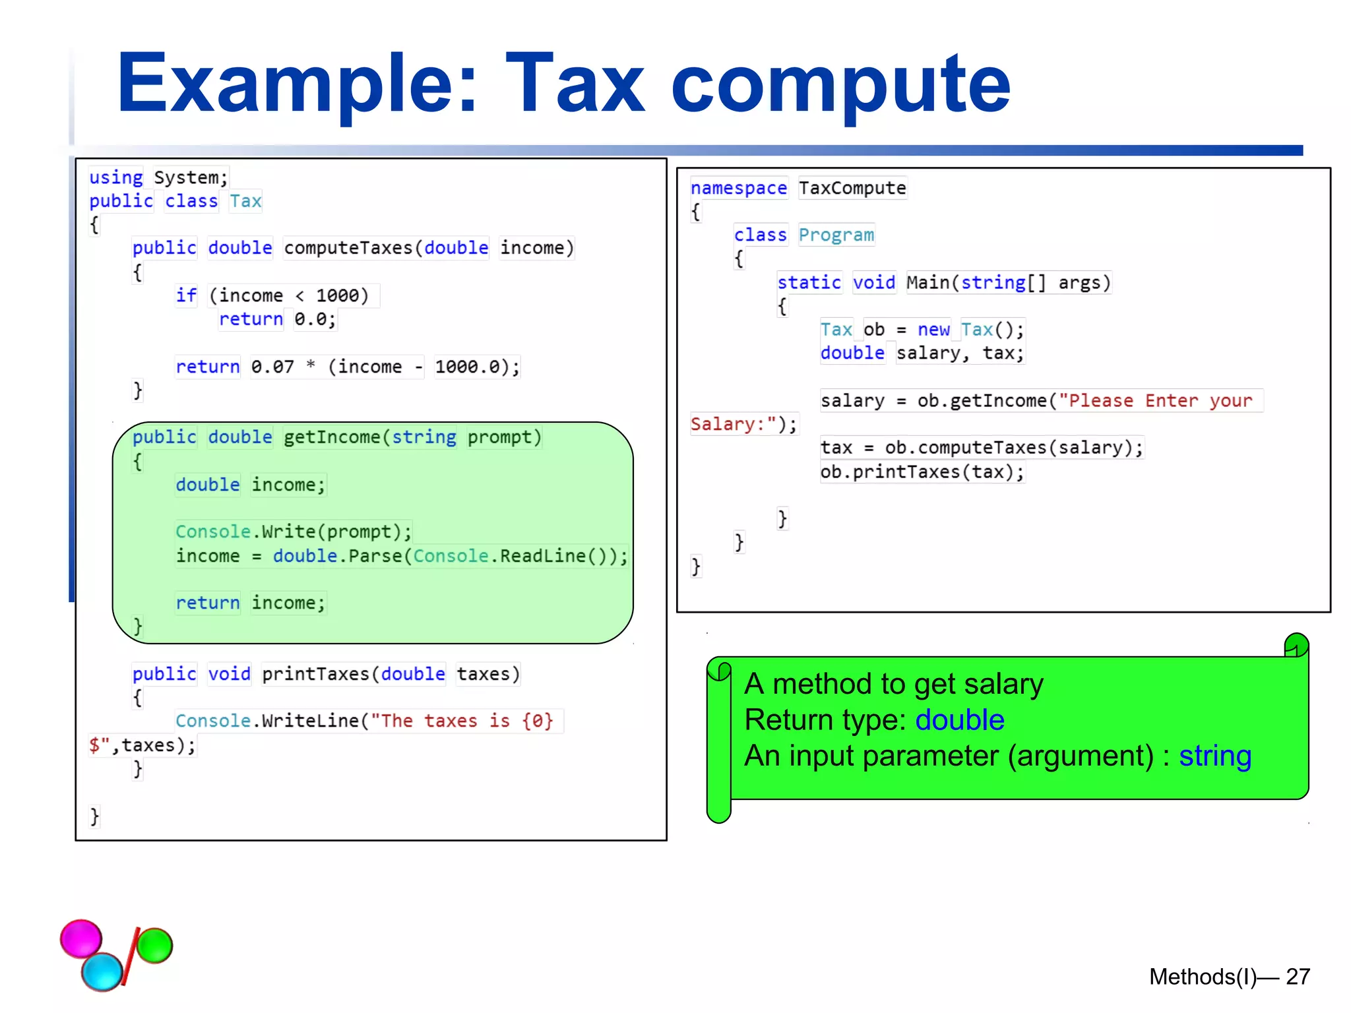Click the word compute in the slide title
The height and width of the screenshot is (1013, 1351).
point(840,86)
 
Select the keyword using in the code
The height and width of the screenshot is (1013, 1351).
point(116,177)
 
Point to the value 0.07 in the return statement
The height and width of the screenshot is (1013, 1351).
point(272,367)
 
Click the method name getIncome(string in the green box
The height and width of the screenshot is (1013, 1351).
point(369,437)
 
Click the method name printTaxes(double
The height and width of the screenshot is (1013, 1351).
point(353,674)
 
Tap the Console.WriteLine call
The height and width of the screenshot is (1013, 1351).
point(267,721)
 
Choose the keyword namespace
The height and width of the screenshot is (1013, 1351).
point(738,189)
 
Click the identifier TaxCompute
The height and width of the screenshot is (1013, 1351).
point(852,189)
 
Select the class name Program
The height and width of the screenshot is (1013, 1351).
point(836,235)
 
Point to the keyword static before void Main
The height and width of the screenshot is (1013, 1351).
point(809,283)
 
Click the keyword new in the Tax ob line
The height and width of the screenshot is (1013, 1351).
point(933,330)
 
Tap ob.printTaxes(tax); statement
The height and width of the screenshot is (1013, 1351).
point(922,472)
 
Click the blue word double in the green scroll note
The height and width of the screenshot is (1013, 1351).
point(959,720)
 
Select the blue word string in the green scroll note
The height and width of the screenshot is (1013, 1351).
point(1214,756)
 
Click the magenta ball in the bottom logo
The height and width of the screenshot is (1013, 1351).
point(81,938)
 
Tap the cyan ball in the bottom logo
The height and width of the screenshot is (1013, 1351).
point(102,971)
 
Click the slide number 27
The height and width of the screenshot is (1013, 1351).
point(1298,977)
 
